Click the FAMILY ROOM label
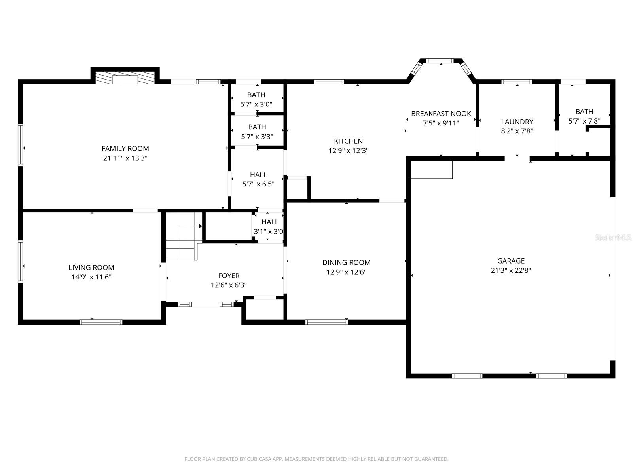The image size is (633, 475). (125, 149)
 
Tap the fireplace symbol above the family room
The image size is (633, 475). (125, 78)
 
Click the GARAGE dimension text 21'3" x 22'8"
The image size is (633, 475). (511, 270)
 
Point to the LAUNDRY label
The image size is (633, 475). (517, 122)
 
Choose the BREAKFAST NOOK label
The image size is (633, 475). (441, 114)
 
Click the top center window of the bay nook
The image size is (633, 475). (440, 61)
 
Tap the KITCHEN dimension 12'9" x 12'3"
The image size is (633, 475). (348, 151)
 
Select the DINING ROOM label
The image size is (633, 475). (346, 262)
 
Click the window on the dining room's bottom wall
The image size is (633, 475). (327, 322)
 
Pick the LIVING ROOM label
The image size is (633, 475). (91, 268)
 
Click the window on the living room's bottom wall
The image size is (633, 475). (101, 322)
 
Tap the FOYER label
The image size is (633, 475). (229, 276)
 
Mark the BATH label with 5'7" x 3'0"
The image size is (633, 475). (256, 95)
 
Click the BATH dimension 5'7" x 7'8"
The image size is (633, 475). (584, 121)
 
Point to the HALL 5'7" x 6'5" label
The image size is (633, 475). (258, 175)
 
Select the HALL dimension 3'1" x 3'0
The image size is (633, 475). (269, 232)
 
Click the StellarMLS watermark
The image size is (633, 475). (613, 238)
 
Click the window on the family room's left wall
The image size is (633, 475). (20, 144)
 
